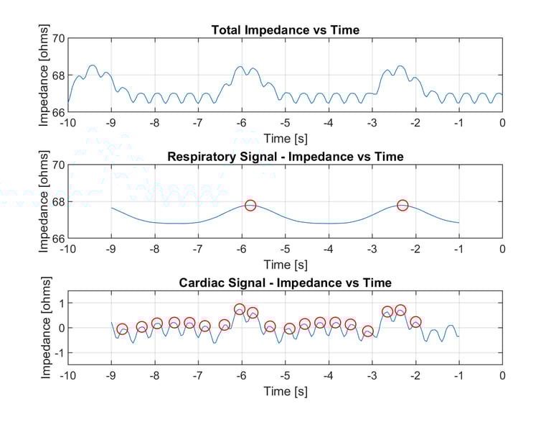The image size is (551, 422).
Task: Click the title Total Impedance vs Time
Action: (285, 30)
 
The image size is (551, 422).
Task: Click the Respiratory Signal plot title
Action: (285, 156)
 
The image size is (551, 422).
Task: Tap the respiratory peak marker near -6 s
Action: (250, 206)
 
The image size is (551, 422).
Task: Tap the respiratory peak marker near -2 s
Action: (402, 206)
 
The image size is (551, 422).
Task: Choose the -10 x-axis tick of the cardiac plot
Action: (67, 375)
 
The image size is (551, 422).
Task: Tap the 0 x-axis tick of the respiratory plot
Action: (502, 249)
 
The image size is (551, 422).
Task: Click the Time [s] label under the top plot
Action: (285, 137)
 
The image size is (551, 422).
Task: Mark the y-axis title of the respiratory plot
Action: (44, 202)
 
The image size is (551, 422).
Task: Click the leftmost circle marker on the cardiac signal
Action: (122, 329)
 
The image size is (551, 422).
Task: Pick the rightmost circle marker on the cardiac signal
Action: (415, 322)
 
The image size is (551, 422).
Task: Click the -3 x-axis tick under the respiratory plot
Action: (372, 249)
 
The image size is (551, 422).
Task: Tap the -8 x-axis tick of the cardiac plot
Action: (154, 375)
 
